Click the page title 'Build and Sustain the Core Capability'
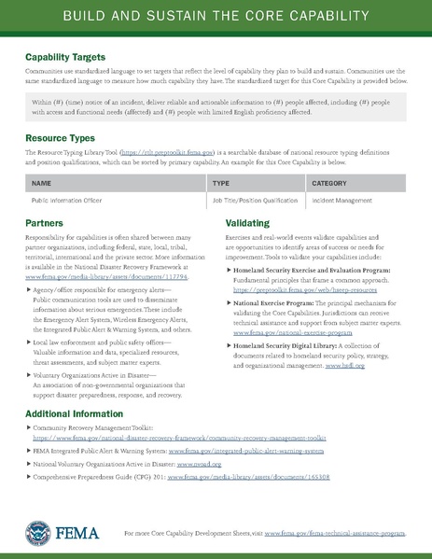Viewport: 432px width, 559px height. pyautogui.click(x=216, y=18)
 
